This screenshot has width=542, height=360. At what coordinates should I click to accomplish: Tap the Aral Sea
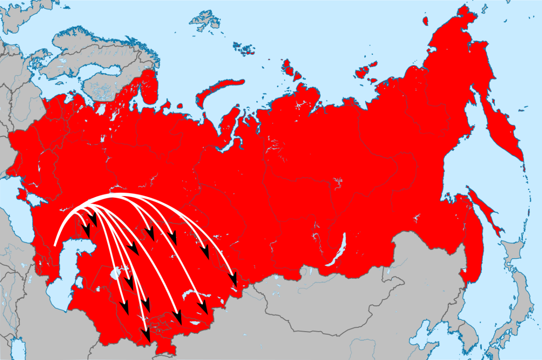[x=116, y=273]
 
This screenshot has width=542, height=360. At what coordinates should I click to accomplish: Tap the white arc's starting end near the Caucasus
[x=55, y=245]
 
